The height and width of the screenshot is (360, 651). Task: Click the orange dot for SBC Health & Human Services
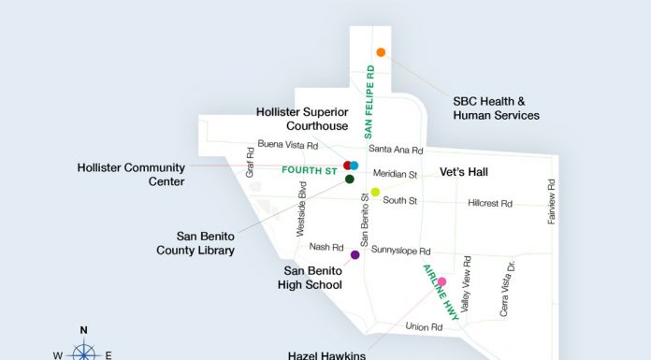click(381, 52)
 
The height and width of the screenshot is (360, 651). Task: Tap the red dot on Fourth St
click(347, 166)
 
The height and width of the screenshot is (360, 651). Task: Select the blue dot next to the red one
click(354, 166)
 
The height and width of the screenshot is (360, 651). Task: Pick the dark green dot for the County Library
click(349, 179)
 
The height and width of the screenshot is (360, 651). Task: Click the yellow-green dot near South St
click(375, 192)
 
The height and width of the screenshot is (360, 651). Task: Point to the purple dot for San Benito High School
click(354, 254)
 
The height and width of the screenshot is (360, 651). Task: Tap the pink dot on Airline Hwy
click(441, 281)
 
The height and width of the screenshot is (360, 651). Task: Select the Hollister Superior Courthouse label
click(302, 119)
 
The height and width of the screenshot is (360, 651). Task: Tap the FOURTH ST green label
click(309, 171)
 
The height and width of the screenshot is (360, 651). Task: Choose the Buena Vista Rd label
click(288, 145)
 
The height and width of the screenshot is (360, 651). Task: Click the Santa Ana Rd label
click(396, 149)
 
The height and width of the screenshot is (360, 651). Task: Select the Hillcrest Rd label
click(490, 203)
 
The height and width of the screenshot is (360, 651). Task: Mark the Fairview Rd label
click(551, 200)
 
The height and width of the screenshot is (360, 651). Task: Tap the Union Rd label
click(423, 326)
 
